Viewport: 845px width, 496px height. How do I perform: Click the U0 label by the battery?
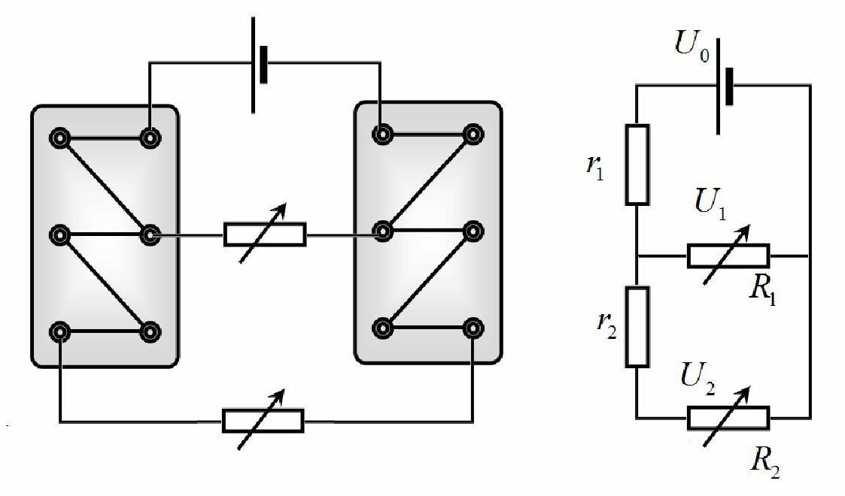pos(692,45)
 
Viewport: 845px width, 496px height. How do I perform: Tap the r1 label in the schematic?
pos(595,168)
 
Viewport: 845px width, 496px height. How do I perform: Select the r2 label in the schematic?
pos(606,325)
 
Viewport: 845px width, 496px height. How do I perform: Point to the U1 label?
pos(710,203)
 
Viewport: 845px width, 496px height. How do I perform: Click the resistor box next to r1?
pos(637,165)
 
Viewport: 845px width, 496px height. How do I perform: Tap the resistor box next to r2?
pos(637,327)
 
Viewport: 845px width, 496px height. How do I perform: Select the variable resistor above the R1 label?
pos(728,256)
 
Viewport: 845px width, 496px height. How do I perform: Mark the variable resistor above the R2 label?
pos(728,418)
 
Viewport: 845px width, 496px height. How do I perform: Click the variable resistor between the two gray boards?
pos(265,234)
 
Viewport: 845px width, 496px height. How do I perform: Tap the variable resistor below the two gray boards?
pos(263,421)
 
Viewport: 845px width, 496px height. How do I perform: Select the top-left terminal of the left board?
pos(59,138)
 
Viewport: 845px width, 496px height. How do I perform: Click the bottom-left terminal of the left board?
pos(59,332)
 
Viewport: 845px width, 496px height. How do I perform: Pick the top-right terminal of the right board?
pos(473,134)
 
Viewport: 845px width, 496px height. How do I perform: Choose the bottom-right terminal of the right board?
pos(473,328)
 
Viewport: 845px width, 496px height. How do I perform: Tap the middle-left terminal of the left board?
pos(59,235)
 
